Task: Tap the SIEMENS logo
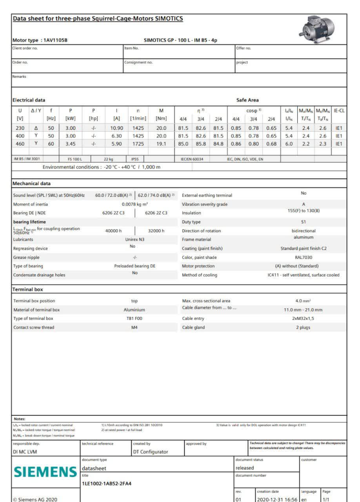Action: [45, 472]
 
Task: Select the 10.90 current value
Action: [117, 128]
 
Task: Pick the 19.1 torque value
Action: [161, 144]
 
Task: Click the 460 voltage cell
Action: [20, 144]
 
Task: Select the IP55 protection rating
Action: [135, 159]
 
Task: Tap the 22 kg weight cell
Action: [108, 159]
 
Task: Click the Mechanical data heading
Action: [32, 184]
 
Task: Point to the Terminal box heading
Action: [28, 289]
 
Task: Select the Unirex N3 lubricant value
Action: [135, 239]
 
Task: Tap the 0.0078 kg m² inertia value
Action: [135, 204]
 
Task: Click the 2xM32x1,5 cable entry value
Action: [303, 318]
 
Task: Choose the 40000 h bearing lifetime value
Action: [114, 231]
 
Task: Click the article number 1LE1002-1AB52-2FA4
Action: [107, 483]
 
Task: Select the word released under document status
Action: [245, 468]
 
